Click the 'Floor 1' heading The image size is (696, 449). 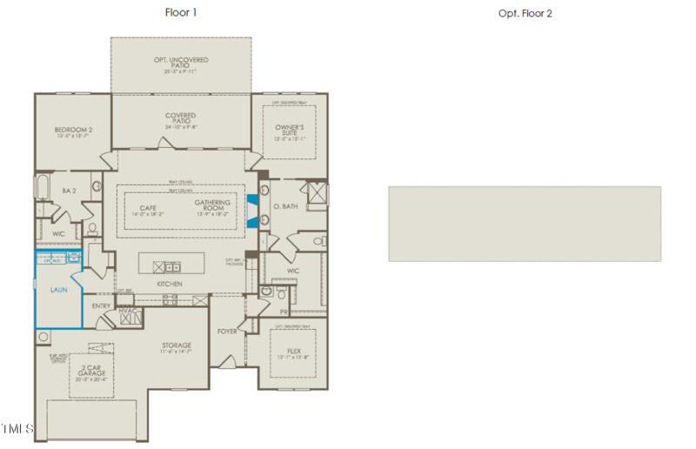coord(181,12)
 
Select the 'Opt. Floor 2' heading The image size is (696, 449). coord(525,13)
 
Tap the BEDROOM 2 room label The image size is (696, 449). coord(73,130)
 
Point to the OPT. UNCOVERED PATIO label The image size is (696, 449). coord(181,61)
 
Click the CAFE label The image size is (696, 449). coord(147,207)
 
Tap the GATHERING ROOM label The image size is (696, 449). coord(212,205)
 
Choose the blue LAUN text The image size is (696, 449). coord(58,290)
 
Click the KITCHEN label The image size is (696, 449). coord(170,285)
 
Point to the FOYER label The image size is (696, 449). coord(228,331)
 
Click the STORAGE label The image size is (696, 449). coord(176,345)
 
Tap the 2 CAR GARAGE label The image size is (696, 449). coord(90,372)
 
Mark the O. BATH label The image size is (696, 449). coord(286,206)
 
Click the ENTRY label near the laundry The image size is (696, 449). coord(101,305)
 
